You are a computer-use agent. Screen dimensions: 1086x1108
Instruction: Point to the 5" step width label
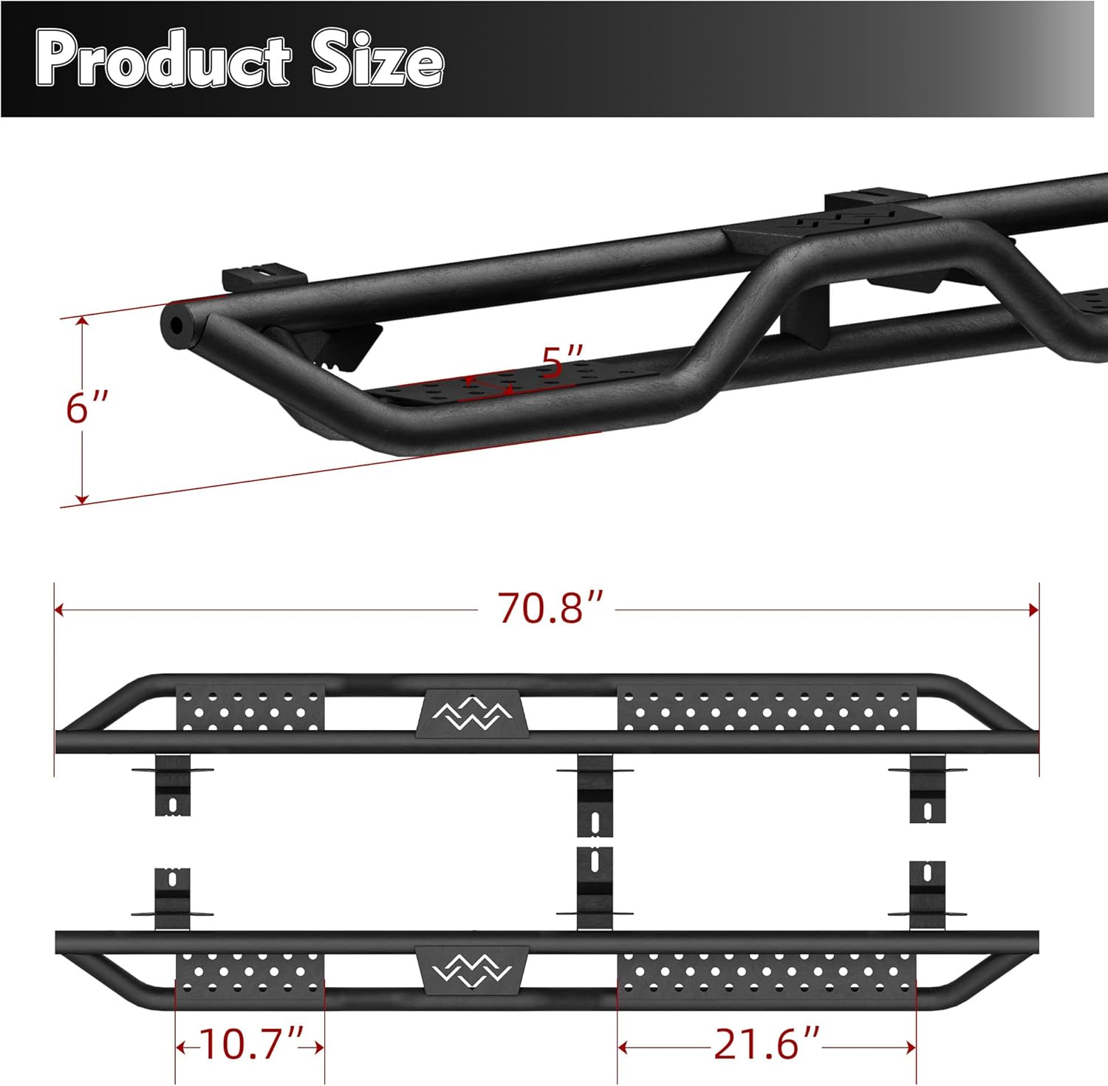click(563, 361)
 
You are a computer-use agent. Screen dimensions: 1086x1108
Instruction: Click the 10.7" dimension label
click(251, 1045)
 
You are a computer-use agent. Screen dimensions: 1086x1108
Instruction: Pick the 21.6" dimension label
click(767, 1045)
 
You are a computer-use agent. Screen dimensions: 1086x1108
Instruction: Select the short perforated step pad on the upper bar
click(250, 708)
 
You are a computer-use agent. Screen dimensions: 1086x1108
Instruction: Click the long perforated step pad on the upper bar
click(767, 708)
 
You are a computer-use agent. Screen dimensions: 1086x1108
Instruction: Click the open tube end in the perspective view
click(178, 326)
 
